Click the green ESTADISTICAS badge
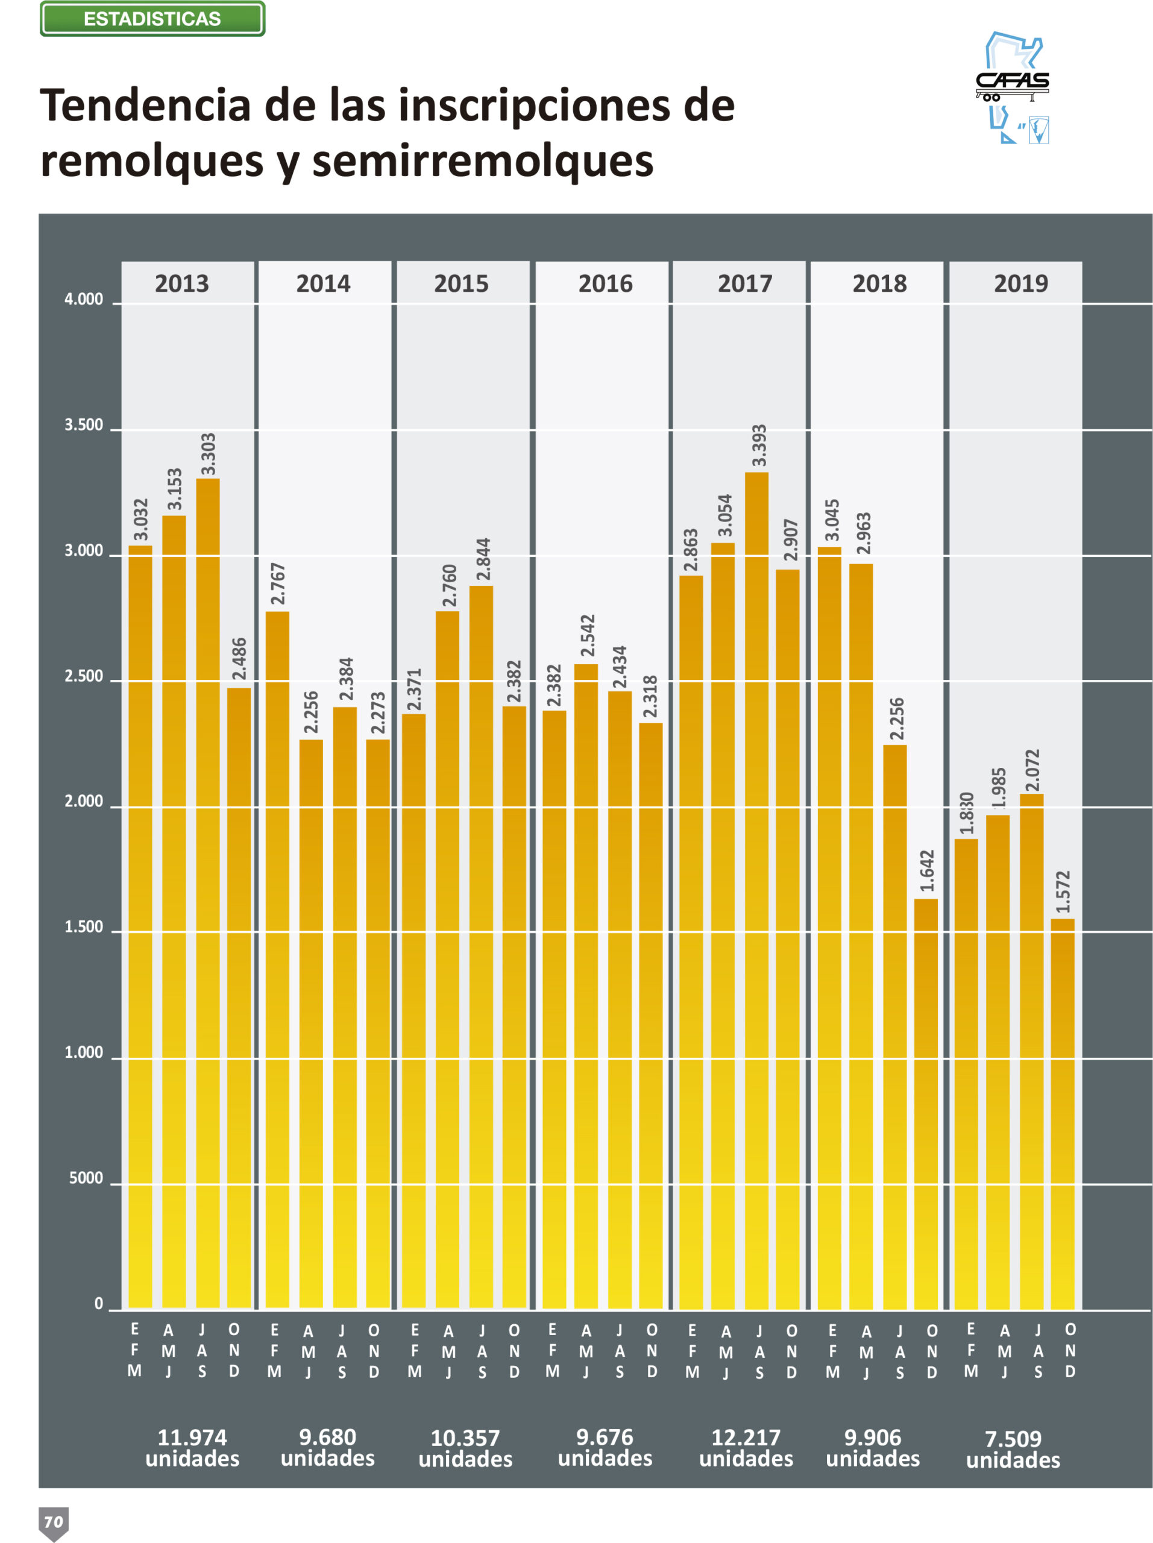(x=152, y=19)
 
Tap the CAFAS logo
(x=1012, y=87)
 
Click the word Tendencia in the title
(x=145, y=105)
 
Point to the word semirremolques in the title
(x=483, y=161)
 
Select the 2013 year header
(x=182, y=283)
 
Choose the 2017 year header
(x=745, y=283)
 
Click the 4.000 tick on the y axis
(x=84, y=299)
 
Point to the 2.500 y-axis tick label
(x=84, y=676)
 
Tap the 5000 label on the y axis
(x=86, y=1178)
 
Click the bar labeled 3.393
(x=757, y=890)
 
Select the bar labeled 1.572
(x=1063, y=1113)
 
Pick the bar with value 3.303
(x=208, y=893)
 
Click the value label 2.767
(x=278, y=584)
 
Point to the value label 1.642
(x=926, y=870)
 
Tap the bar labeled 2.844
(x=482, y=946)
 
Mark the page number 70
(x=54, y=1521)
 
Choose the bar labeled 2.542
(x=586, y=986)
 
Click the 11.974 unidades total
(x=192, y=1447)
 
